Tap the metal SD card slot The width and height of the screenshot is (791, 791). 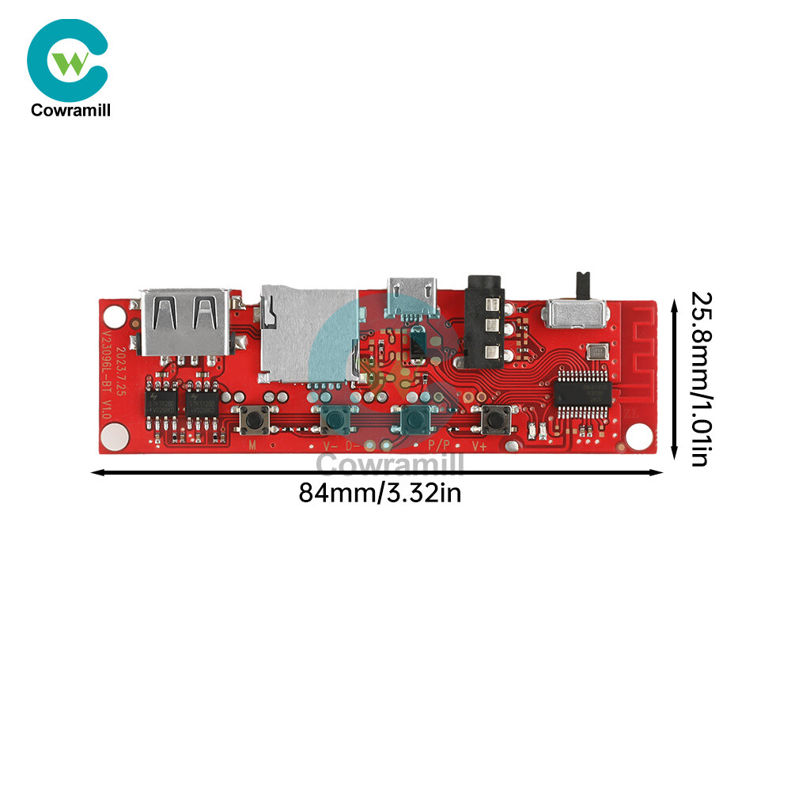click(x=308, y=332)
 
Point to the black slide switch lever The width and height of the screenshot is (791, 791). click(x=584, y=282)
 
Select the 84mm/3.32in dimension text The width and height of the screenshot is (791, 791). click(x=380, y=494)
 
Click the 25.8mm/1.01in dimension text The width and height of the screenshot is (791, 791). click(x=700, y=379)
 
